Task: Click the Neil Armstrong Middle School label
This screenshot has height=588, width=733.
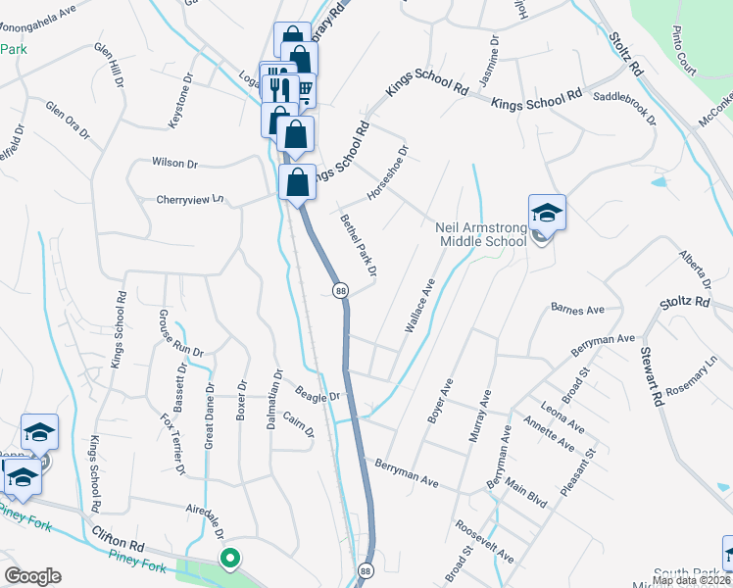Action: point(482,234)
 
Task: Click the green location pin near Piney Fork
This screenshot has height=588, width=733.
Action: point(230,560)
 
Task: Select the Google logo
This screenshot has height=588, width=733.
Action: point(32,576)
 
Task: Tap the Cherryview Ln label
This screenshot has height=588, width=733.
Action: point(190,199)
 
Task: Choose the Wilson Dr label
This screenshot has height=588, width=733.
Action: point(174,163)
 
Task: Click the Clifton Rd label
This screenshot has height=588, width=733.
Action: point(119,538)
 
